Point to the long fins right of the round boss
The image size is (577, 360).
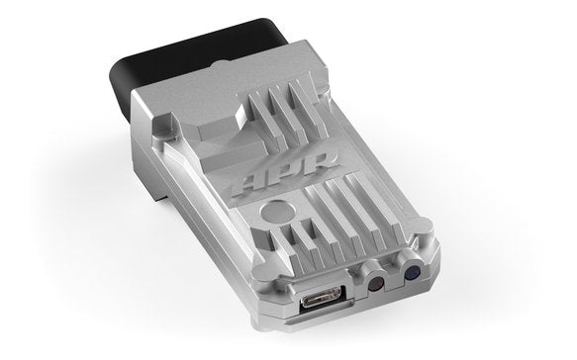click(341, 207)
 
